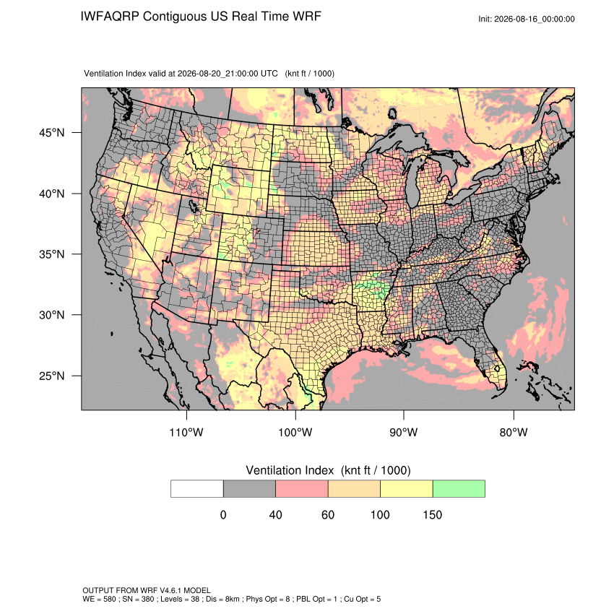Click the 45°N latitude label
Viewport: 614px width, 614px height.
[x=52, y=133]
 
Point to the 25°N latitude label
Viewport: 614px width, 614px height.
[x=52, y=376]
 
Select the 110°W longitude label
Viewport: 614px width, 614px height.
[x=186, y=432]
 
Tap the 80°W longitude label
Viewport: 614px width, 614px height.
[x=514, y=432]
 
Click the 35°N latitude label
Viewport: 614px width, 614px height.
[x=52, y=254]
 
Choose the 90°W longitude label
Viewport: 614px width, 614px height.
[x=403, y=432]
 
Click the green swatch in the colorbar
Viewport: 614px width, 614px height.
[x=459, y=489]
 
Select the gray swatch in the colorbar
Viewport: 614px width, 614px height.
[x=249, y=489]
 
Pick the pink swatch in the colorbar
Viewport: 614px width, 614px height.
[x=302, y=489]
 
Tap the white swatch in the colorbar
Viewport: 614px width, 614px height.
[x=197, y=489]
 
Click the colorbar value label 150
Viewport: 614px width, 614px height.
[x=432, y=514]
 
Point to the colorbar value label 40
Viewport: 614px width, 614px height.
[x=276, y=514]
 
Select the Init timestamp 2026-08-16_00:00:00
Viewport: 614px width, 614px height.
[x=535, y=19]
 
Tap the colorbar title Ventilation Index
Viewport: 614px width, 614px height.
[x=290, y=470]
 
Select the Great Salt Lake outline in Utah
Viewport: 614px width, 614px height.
[x=193, y=206]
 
